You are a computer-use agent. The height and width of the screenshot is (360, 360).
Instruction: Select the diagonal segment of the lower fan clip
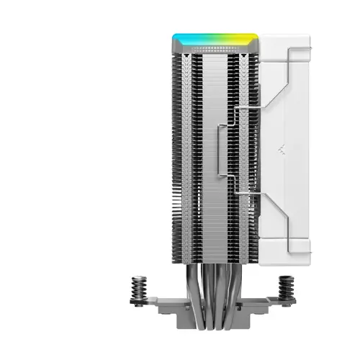[x=271, y=216]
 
